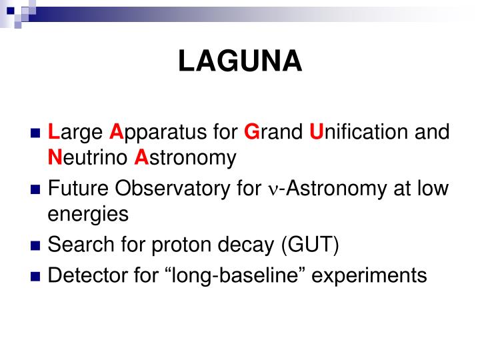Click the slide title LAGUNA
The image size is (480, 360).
point(240,61)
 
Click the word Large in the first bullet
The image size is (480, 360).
point(73,132)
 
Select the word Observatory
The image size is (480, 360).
point(173,189)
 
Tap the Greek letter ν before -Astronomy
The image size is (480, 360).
point(273,190)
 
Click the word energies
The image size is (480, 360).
point(88,215)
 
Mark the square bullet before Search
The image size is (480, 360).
point(36,246)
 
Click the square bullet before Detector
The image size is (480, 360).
point(36,275)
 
